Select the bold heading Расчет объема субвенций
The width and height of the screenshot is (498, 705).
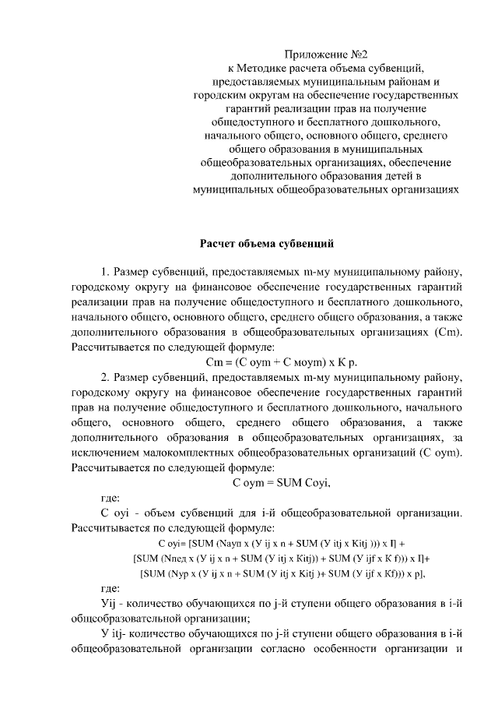[267, 244]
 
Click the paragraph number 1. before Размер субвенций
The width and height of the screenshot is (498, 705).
[105, 272]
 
